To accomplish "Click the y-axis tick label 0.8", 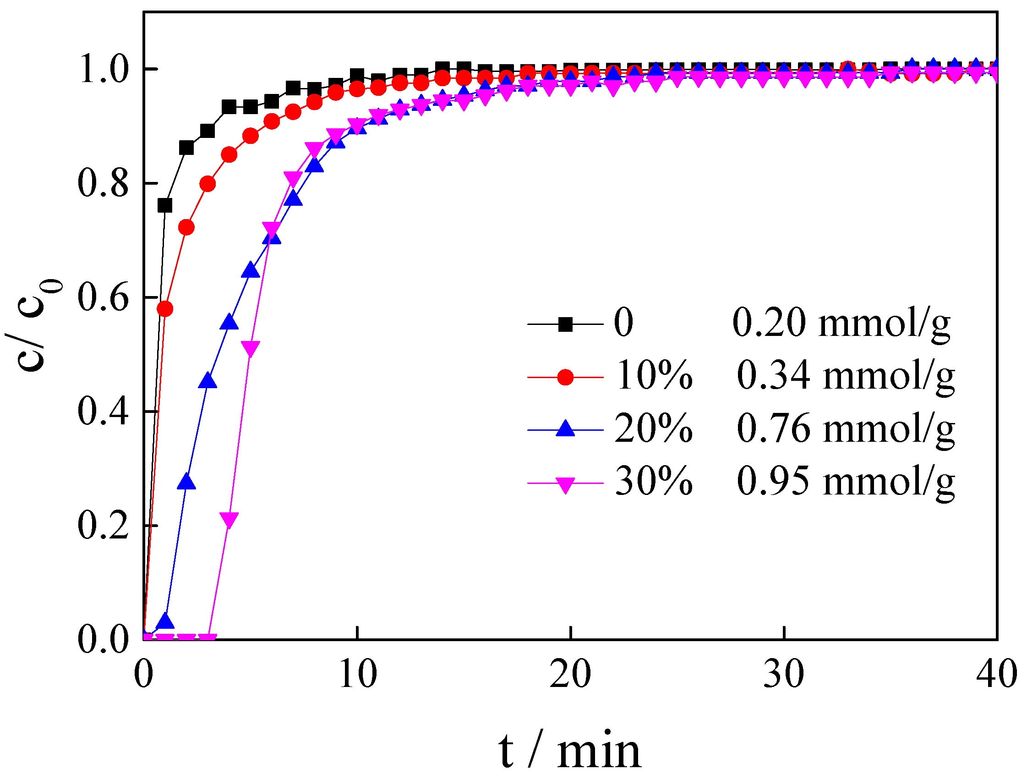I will click(x=103, y=183).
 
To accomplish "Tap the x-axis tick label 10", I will click(x=357, y=674).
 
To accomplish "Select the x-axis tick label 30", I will click(x=784, y=674).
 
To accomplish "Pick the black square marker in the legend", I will click(x=566, y=324).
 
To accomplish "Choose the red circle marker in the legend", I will click(x=566, y=377).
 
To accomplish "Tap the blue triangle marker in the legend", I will click(x=566, y=428).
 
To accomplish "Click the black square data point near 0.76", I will click(x=165, y=205).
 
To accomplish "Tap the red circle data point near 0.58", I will click(x=165, y=309).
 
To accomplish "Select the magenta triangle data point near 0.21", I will click(x=229, y=519).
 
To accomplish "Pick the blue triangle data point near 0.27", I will click(x=186, y=482).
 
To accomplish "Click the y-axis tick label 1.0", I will click(x=103, y=69).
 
